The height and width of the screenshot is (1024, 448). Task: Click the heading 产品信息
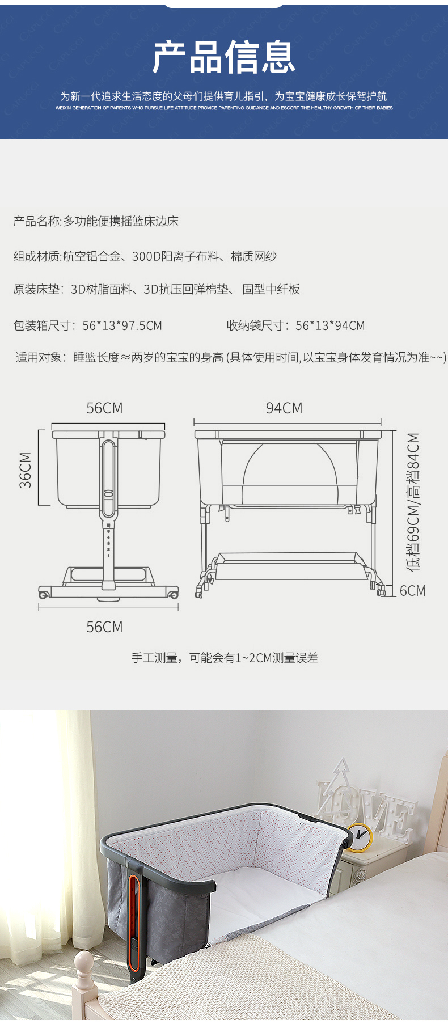[224, 57]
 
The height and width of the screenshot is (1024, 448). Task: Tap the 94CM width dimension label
[284, 408]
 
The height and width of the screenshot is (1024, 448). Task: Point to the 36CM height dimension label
[26, 469]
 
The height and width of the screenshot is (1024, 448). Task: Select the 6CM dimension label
[412, 591]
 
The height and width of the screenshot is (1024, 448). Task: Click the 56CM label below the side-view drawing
[104, 627]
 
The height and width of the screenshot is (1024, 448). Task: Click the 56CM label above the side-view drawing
[104, 408]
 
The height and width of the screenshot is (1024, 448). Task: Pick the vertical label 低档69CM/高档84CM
[413, 501]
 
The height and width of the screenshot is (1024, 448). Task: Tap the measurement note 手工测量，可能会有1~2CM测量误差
[225, 658]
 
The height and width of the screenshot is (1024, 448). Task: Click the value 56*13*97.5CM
[122, 325]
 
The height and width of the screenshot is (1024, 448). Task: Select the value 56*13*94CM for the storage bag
[330, 325]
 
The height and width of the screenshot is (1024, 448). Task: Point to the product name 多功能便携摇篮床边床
[121, 221]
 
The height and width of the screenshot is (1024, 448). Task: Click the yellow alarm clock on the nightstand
[359, 837]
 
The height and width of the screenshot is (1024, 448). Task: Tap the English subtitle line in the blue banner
[224, 108]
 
